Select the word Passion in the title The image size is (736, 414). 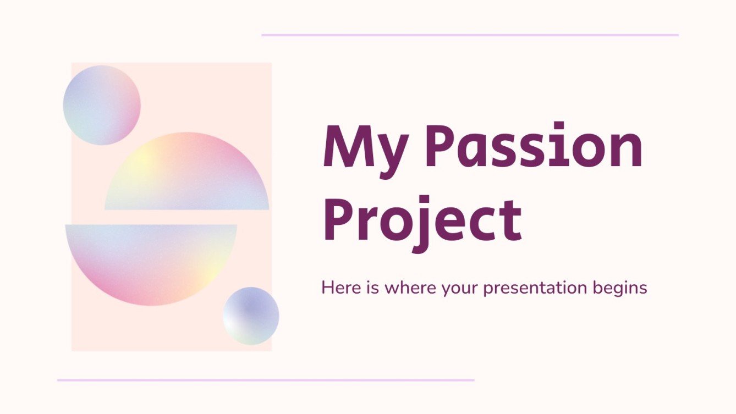coord(533,146)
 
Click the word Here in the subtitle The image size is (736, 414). coord(339,288)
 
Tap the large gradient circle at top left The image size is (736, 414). coord(102,105)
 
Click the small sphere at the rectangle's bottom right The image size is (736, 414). coord(251,316)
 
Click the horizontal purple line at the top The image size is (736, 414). coord(470,35)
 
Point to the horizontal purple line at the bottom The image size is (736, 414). coord(266,380)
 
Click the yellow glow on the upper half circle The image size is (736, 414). coord(144,159)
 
